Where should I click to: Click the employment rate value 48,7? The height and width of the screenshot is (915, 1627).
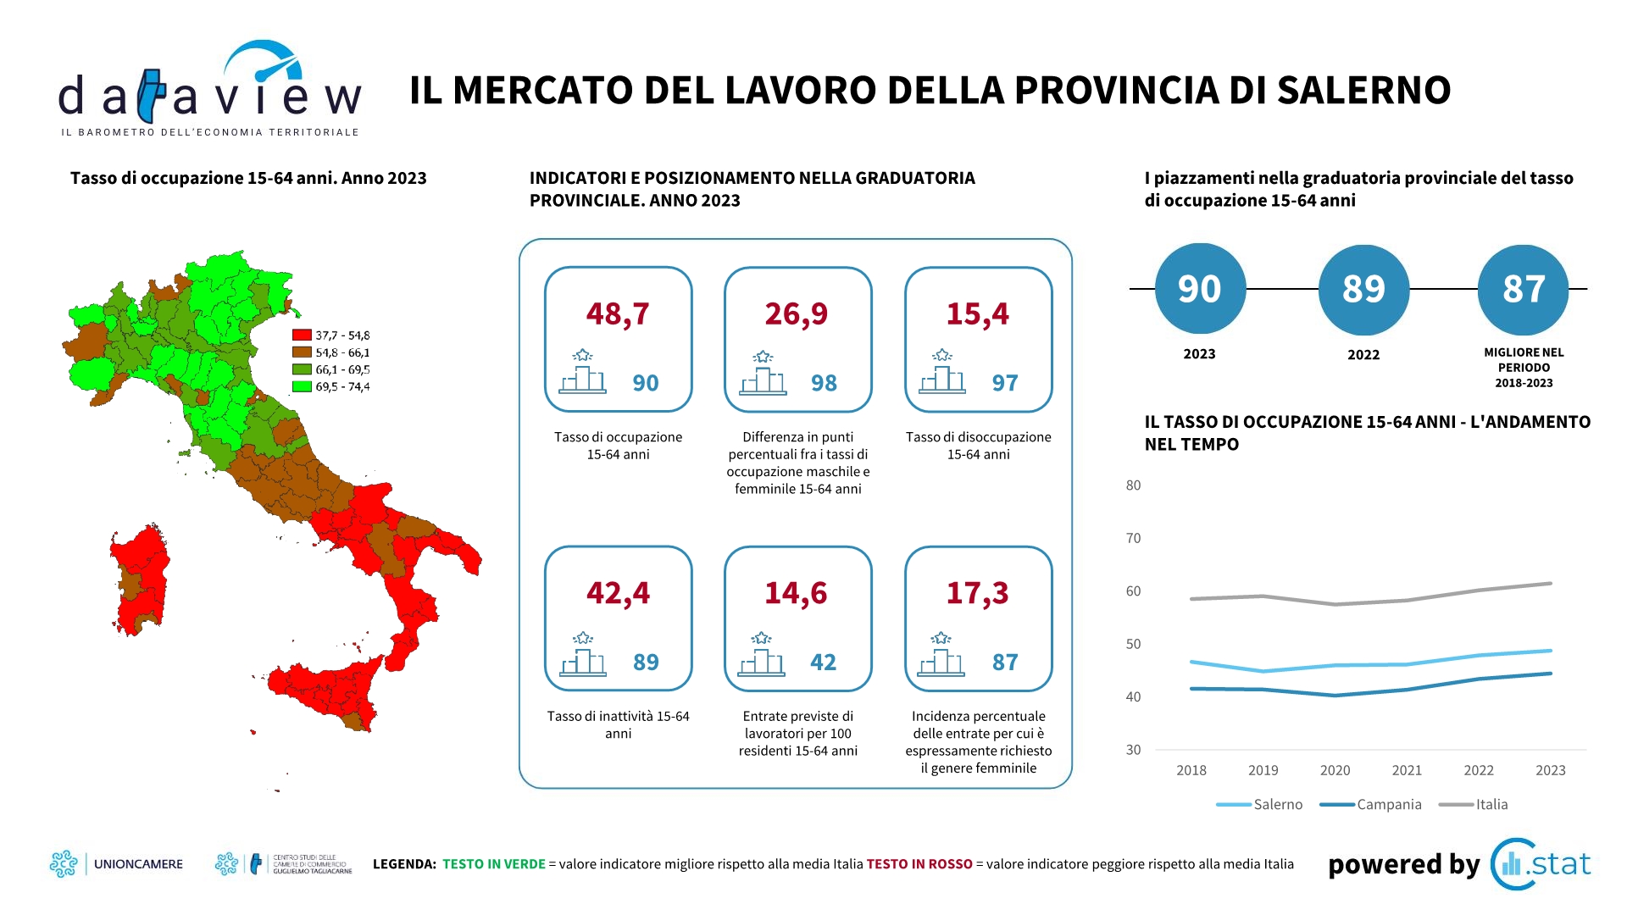618,314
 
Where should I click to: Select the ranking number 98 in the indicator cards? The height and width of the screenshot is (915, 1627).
824,383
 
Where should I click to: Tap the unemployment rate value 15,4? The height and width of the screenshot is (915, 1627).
978,314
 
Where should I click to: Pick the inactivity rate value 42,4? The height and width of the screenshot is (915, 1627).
618,593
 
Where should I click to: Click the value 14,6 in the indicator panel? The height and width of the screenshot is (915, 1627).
796,593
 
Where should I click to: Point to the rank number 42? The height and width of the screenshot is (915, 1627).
824,662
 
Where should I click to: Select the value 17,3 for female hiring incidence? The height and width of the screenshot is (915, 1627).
978,593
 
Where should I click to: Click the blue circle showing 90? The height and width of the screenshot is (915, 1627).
1200,289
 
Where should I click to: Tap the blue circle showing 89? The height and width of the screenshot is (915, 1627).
1363,289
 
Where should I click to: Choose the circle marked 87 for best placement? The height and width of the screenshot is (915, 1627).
1524,289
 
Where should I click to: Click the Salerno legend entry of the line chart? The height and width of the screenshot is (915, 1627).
1259,804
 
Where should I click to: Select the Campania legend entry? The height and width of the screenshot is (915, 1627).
1370,804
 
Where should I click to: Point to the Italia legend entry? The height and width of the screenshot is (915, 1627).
1474,804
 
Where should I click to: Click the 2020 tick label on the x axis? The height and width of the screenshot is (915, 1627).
1335,770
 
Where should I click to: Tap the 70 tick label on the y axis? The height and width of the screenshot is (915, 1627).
1133,538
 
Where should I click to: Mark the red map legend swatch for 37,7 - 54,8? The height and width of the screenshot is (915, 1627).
302,335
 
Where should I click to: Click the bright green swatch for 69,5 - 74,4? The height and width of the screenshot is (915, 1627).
302,386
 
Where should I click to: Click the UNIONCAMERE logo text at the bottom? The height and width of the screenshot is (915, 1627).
138,864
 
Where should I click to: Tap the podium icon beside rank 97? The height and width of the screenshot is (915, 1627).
942,372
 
